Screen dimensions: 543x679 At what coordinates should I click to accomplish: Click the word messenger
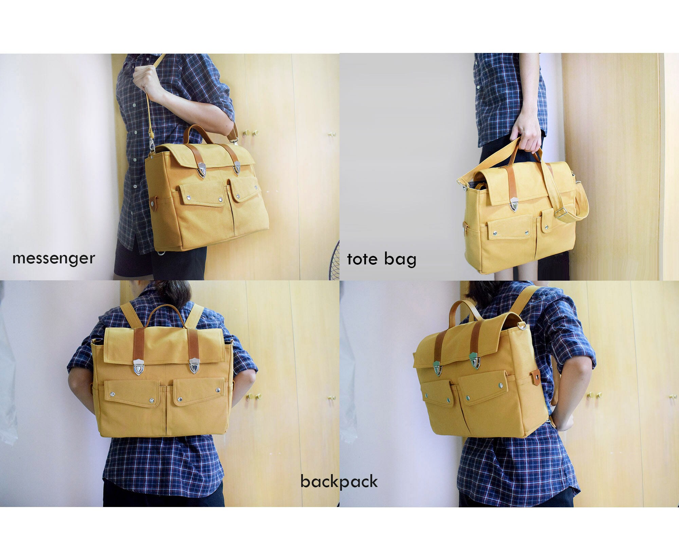click(x=54, y=258)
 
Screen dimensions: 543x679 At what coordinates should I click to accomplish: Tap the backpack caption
click(x=339, y=482)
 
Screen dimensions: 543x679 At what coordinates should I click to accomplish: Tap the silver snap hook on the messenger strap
click(x=152, y=146)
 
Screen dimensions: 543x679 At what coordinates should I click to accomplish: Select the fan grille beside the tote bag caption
click(x=335, y=260)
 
